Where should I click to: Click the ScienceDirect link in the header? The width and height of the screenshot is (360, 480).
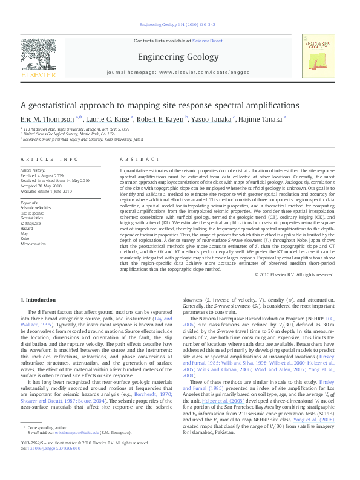click(207, 41)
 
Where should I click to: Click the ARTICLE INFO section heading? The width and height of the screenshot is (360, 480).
click(50, 159)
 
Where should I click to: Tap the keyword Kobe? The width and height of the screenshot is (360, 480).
click(25, 238)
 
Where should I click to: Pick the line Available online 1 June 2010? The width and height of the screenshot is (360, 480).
click(46, 190)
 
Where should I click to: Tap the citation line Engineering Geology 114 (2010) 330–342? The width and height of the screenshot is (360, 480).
click(180, 24)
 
